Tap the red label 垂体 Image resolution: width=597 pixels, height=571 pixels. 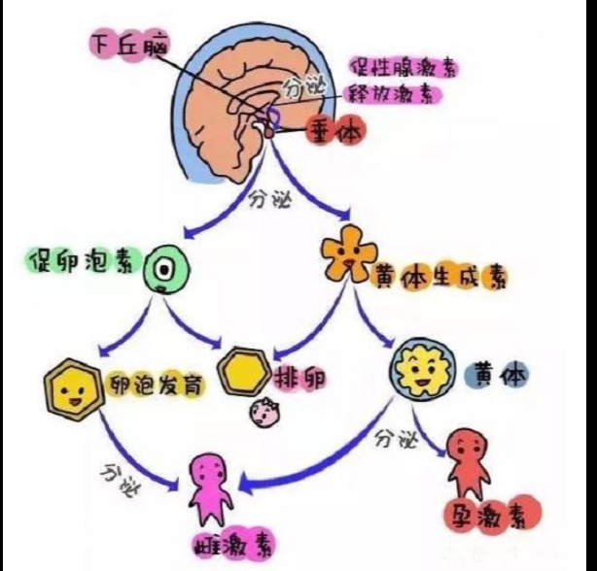(x=334, y=129)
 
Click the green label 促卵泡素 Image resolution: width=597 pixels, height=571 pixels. (x=83, y=262)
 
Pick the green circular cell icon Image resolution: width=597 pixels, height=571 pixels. (x=165, y=266)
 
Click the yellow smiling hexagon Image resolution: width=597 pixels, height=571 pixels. (x=71, y=391)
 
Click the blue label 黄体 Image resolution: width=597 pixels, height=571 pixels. (x=496, y=374)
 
